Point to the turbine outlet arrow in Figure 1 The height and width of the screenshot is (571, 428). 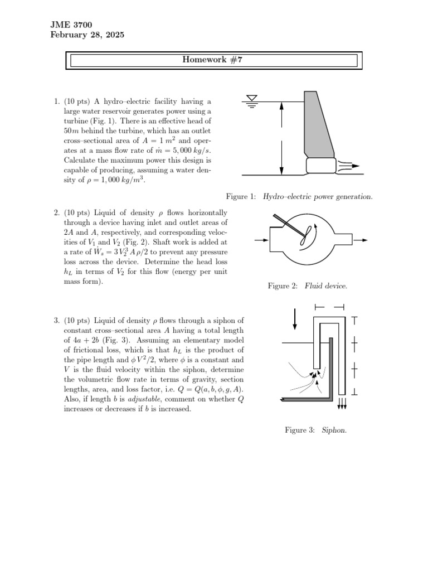pyautogui.click(x=350, y=166)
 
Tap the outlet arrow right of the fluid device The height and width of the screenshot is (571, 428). pyautogui.click(x=361, y=240)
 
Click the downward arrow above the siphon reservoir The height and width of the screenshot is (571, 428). pyautogui.click(x=295, y=318)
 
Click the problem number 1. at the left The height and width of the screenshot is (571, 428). pyautogui.click(x=56, y=101)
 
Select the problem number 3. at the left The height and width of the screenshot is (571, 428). pyautogui.click(x=56, y=321)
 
